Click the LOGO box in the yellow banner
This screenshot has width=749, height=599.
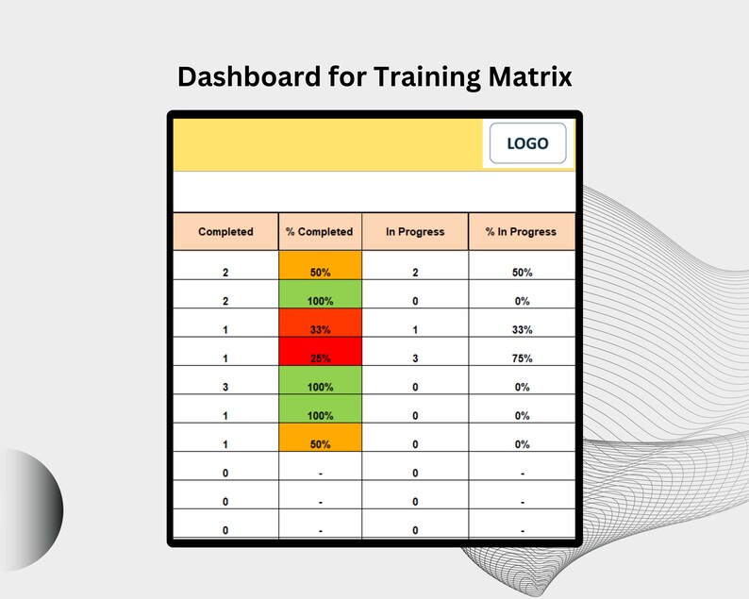(x=527, y=144)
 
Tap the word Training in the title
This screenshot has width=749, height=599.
(x=428, y=77)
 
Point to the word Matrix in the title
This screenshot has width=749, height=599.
(x=532, y=77)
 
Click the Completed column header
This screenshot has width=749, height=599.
(x=225, y=232)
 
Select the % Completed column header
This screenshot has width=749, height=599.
(x=320, y=232)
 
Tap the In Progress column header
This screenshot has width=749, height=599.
(x=415, y=232)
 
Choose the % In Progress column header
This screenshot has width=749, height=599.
(x=521, y=232)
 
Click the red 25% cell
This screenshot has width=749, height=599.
(x=320, y=358)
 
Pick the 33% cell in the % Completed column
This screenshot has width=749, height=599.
(x=320, y=330)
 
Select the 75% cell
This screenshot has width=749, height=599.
(x=522, y=358)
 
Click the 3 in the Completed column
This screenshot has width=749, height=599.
(x=225, y=387)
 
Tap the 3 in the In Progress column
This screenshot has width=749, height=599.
(x=415, y=358)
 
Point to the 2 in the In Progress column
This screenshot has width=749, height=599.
(x=415, y=273)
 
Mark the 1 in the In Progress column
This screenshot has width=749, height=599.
(x=415, y=330)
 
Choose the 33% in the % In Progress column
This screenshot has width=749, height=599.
(x=522, y=330)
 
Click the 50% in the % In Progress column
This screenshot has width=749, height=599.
(x=522, y=273)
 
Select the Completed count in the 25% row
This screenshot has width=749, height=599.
(x=225, y=358)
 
